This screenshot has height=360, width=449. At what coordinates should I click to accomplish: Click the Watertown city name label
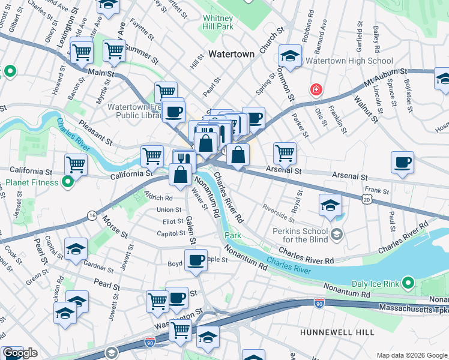pyautogui.click(x=232, y=54)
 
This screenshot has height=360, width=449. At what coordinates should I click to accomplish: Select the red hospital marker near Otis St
pyautogui.click(x=316, y=90)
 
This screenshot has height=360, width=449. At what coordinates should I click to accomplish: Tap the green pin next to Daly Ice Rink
pyautogui.click(x=409, y=282)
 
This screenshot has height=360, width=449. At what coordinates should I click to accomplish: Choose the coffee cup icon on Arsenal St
pyautogui.click(x=402, y=162)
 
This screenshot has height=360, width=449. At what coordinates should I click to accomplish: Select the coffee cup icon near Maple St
pyautogui.click(x=196, y=260)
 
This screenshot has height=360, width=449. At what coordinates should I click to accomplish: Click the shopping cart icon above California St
pyautogui.click(x=76, y=164)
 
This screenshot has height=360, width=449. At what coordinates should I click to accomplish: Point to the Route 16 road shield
pyautogui.click(x=91, y=215)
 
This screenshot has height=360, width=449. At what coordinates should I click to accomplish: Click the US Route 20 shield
pyautogui.click(x=367, y=199)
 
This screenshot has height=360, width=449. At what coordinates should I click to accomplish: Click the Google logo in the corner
pyautogui.click(x=20, y=353)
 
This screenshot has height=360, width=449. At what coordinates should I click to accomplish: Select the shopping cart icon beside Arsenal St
pyautogui.click(x=285, y=152)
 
